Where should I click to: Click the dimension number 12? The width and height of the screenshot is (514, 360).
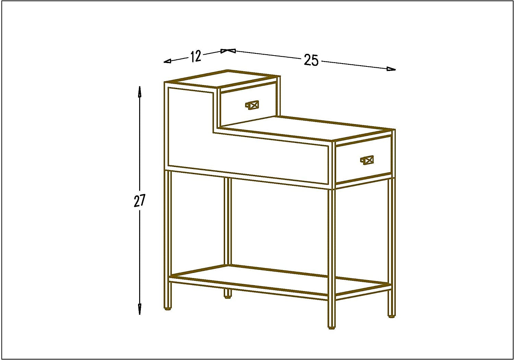tap(196, 56)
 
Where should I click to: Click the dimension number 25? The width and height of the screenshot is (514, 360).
tap(311, 60)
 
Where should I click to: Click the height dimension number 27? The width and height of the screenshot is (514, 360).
tap(140, 201)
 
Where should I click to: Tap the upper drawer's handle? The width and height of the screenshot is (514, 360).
tap(252, 105)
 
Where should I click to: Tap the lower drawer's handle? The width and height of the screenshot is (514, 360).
tap(367, 160)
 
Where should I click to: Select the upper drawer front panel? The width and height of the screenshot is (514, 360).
tap(248, 105)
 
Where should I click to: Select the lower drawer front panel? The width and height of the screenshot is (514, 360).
tap(363, 159)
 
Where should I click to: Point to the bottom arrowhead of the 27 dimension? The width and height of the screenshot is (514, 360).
tap(139, 309)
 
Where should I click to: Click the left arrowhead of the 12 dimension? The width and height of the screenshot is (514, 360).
tap(167, 61)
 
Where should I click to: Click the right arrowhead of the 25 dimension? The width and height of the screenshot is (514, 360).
tap(391, 69)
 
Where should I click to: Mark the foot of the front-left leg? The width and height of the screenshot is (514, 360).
tap(168, 309)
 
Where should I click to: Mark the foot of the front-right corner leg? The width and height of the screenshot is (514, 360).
tap(332, 328)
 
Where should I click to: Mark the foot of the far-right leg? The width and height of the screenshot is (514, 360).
tap(391, 316)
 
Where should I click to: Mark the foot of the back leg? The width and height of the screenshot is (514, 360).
tap(228, 297)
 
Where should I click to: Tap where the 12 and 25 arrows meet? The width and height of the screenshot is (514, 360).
tap(228, 51)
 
